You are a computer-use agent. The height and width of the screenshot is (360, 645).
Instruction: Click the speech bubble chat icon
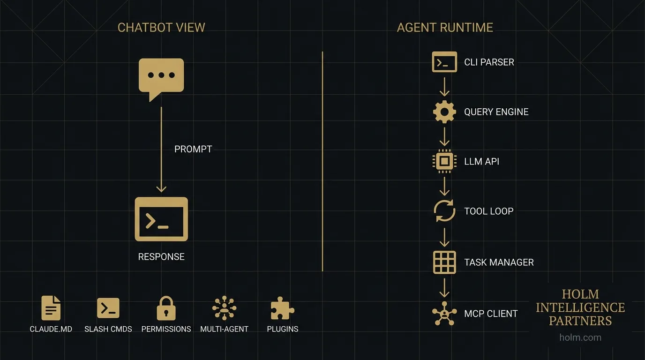coord(161,77)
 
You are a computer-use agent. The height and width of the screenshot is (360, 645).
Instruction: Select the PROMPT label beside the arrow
coord(193,149)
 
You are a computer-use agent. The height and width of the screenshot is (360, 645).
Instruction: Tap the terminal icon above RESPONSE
coord(161,219)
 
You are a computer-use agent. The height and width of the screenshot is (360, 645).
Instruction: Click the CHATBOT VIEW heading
coord(161,28)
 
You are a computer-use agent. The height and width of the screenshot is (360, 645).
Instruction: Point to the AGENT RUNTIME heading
coord(445,28)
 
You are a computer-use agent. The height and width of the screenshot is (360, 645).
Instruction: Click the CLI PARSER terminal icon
coord(444,62)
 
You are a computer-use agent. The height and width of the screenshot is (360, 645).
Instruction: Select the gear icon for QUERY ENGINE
coord(444,112)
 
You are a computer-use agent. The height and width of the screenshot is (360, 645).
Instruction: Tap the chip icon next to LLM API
coord(444,161)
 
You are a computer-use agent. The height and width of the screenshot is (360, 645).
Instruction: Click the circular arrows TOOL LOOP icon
coord(444,211)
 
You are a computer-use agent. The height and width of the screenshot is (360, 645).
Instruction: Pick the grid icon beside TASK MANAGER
coord(444,262)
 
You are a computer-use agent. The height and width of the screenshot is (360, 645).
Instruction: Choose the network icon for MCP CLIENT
coord(444,313)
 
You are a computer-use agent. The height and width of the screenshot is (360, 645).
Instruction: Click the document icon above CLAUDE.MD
coord(51,308)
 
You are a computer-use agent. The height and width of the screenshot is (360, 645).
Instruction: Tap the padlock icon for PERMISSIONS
coord(166,308)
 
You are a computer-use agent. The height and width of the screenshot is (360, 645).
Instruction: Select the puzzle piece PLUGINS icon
coord(282,308)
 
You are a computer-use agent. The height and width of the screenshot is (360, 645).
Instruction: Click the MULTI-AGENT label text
coord(224,329)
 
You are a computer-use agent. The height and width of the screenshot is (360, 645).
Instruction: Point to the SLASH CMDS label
coord(108,329)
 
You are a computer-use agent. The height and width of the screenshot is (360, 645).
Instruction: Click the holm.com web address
coord(580,337)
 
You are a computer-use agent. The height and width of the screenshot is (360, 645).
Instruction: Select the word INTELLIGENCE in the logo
coord(580,307)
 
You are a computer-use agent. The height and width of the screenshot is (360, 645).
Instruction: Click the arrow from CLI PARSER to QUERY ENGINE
coord(444,87)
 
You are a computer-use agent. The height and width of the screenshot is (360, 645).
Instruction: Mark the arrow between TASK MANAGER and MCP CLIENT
coord(444,287)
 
